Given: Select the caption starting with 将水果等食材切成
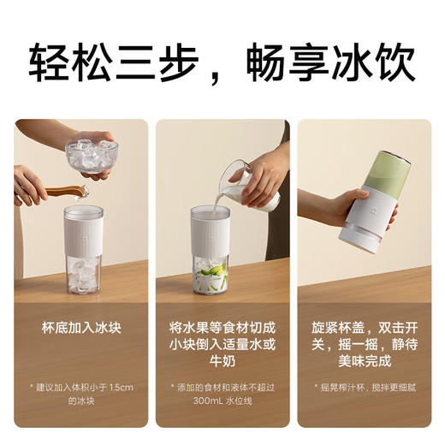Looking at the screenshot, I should click(222, 341).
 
